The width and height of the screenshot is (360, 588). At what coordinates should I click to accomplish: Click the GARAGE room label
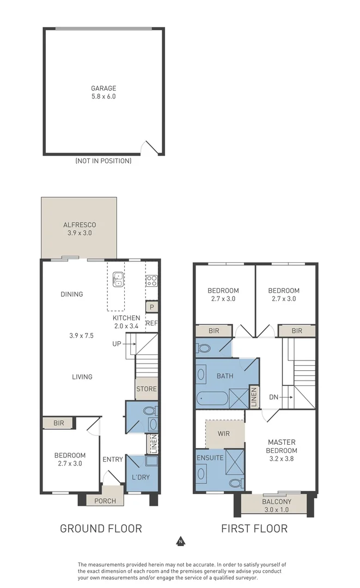(103, 88)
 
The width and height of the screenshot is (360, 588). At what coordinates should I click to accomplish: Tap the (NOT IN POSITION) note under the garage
(103, 161)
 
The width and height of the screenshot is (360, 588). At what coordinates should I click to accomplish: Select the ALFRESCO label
(80, 225)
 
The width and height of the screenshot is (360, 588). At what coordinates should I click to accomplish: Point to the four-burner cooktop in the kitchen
(151, 281)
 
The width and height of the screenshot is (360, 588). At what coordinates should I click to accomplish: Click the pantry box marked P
(151, 307)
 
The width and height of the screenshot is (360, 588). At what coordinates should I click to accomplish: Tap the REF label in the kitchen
(151, 323)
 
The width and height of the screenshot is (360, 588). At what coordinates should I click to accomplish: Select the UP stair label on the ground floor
(117, 344)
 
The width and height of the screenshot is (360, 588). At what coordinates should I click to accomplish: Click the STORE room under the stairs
(147, 389)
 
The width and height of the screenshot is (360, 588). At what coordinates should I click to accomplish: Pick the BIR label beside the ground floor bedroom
(58, 423)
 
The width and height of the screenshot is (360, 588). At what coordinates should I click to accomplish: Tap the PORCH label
(105, 501)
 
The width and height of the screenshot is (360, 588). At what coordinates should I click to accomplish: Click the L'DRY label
(141, 477)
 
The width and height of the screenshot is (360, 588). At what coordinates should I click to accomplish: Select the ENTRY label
(113, 460)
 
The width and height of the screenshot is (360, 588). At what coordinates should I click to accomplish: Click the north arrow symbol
(181, 541)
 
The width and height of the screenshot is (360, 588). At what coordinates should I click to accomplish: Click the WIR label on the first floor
(223, 433)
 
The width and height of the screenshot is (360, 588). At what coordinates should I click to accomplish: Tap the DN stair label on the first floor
(274, 397)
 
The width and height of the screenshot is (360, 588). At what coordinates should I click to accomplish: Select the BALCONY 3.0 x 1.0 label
(276, 505)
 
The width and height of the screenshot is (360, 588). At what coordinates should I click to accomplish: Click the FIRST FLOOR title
(254, 529)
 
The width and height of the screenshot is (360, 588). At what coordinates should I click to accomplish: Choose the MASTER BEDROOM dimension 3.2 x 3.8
(282, 458)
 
